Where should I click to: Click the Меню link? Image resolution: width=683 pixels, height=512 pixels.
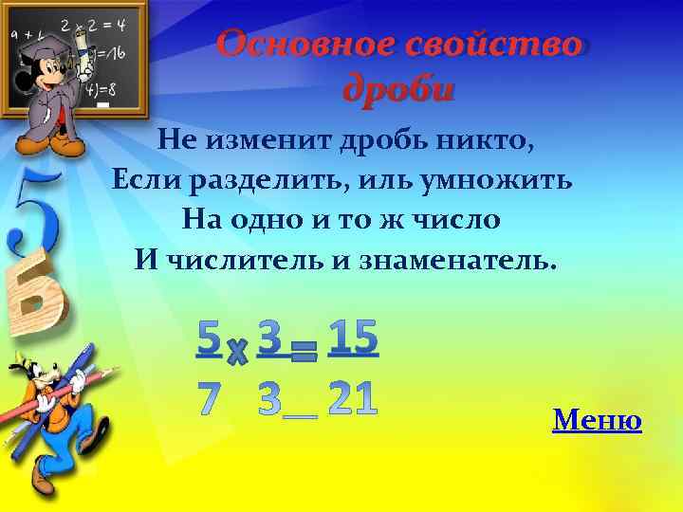click(597, 419)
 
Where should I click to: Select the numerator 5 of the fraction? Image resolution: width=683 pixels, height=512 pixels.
click(210, 338)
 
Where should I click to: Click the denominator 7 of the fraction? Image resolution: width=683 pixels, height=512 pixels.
click(210, 399)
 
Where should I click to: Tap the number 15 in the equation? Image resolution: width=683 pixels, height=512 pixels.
click(353, 338)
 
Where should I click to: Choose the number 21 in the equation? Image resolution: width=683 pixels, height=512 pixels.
click(353, 399)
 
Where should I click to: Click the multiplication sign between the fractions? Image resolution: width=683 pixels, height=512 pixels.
click(237, 354)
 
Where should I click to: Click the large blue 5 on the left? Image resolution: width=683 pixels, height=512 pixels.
click(35, 213)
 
